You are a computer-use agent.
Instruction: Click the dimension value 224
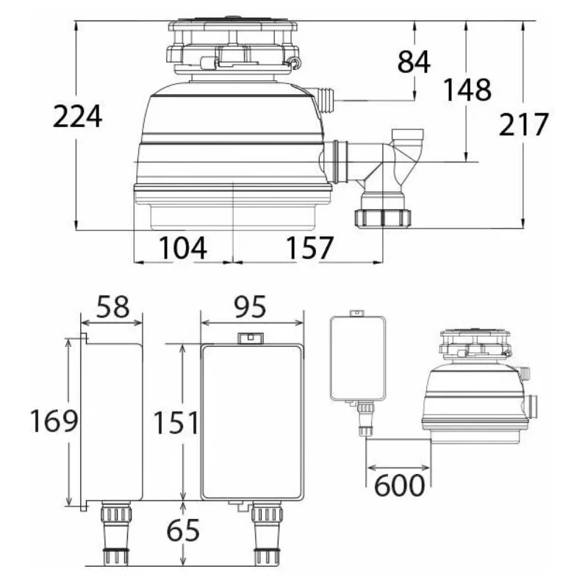pos(77,116)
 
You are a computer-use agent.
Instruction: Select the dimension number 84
pos(414,62)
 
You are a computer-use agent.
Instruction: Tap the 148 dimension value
pos(467,90)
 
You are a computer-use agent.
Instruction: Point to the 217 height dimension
pos(523,124)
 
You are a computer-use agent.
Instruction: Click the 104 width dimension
pos(182,248)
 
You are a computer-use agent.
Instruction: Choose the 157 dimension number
pos(309,248)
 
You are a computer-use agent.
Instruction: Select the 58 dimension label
pos(112,306)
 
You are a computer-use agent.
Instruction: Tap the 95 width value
pos(250,306)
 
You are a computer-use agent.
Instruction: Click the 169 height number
pos(54,420)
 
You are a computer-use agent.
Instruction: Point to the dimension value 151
pos(176,423)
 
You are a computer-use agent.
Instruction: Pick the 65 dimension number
pos(183,530)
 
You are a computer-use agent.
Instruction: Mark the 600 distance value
pos(399,486)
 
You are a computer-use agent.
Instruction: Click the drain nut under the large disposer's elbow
pos(382,218)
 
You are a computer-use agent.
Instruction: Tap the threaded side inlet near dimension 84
pos(325,100)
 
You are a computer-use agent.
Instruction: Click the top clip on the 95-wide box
pos(251,339)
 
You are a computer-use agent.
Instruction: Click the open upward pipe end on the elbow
pos(407,134)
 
